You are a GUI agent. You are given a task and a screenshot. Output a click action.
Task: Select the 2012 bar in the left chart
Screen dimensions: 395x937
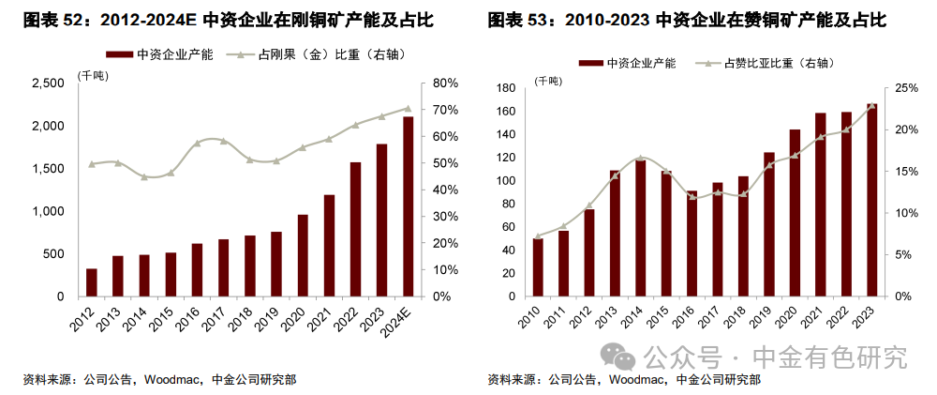(x=91, y=282)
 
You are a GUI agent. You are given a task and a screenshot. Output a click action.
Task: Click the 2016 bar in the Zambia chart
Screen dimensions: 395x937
(x=692, y=243)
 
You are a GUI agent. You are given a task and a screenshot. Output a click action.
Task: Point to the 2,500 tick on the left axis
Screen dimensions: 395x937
(x=46, y=84)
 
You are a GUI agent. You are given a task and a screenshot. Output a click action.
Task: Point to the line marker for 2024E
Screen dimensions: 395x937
(x=408, y=108)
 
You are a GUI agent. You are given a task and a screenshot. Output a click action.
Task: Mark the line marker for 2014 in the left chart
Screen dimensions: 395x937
(x=143, y=177)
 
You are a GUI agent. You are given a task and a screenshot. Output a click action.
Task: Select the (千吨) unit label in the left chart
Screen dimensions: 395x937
(x=92, y=75)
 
